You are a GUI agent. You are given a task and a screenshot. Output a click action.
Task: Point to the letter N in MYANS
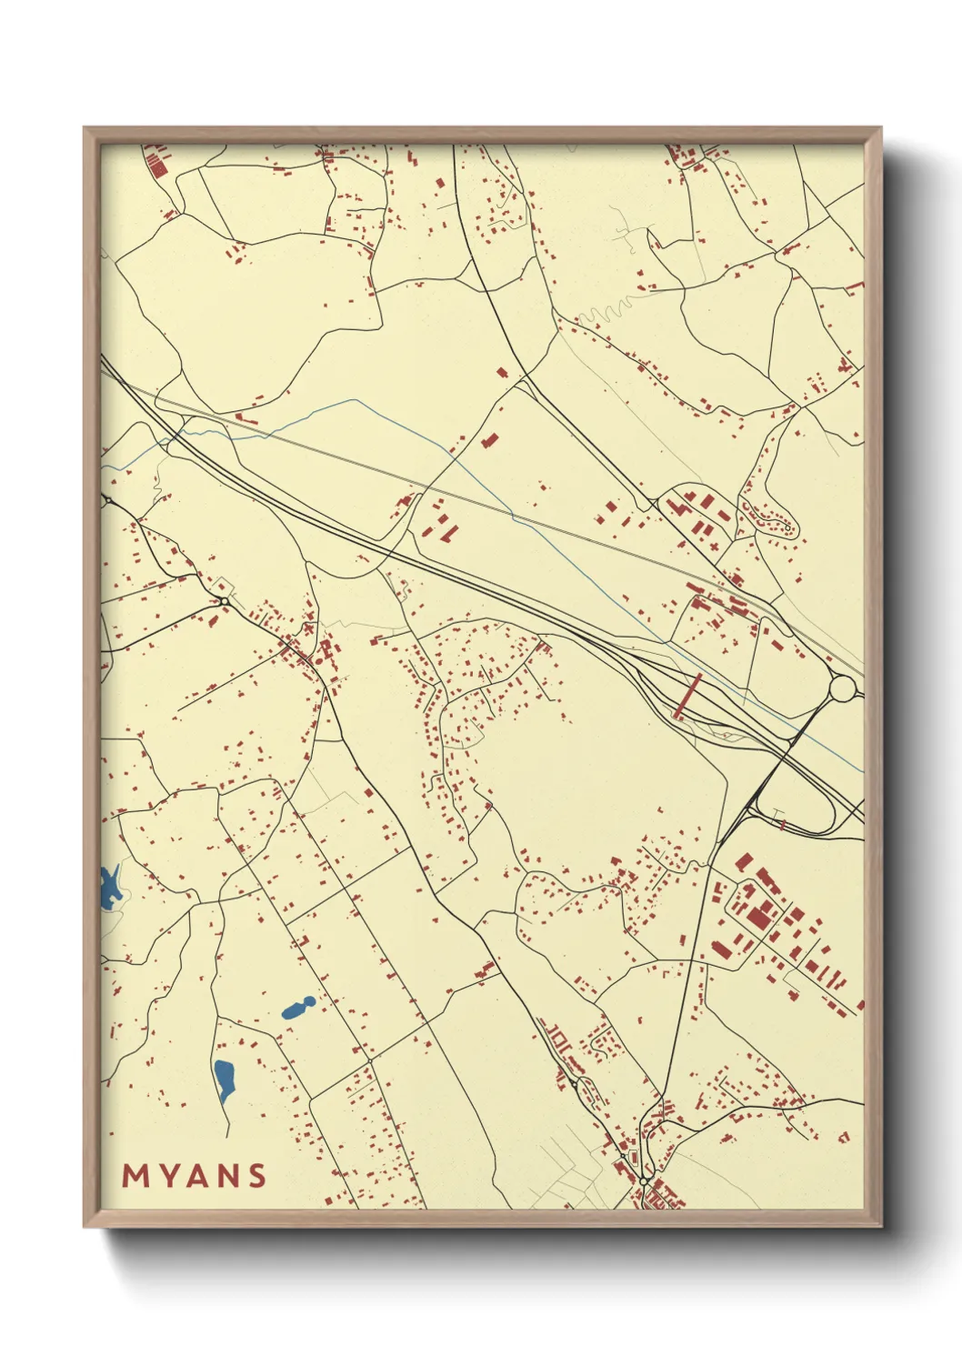pyautogui.click(x=227, y=1176)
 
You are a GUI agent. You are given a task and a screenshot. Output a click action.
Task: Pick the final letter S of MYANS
pyautogui.click(x=256, y=1176)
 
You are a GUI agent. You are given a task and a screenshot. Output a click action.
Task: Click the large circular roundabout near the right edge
pyautogui.click(x=842, y=688)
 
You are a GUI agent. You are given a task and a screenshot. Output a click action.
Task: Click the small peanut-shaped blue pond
pyautogui.click(x=298, y=1007)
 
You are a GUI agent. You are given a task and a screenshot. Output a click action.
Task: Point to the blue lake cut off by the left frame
pyautogui.click(x=109, y=888)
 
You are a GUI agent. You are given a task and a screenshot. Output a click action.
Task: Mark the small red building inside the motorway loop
pyautogui.click(x=780, y=823)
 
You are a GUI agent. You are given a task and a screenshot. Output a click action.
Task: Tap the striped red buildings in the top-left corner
pyautogui.click(x=157, y=164)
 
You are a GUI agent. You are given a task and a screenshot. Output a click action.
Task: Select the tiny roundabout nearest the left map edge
pyautogui.click(x=107, y=499)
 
